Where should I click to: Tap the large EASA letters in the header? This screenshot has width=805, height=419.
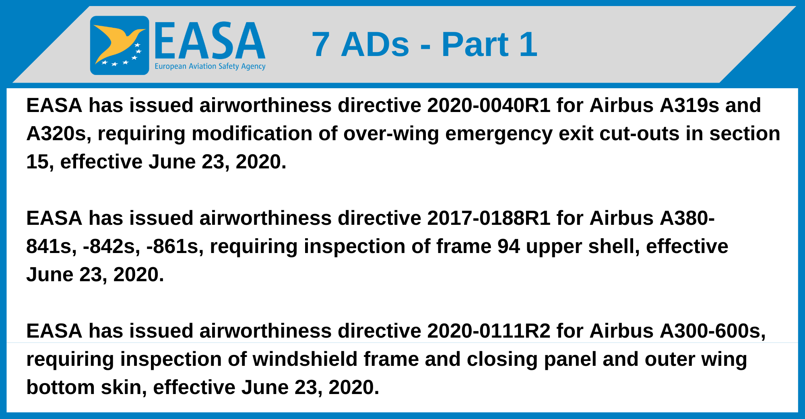(210, 41)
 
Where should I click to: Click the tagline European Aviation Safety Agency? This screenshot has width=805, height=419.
(210, 66)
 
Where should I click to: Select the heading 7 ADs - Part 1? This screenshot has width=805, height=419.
(424, 44)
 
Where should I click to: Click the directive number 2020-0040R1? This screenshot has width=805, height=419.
(489, 106)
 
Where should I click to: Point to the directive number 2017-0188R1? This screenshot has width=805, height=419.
(489, 218)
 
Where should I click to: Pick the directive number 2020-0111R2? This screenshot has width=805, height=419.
(489, 331)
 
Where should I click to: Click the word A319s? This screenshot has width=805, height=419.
(689, 106)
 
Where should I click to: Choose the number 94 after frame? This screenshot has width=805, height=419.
(508, 247)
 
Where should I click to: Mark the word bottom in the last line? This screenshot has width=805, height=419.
(60, 388)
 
